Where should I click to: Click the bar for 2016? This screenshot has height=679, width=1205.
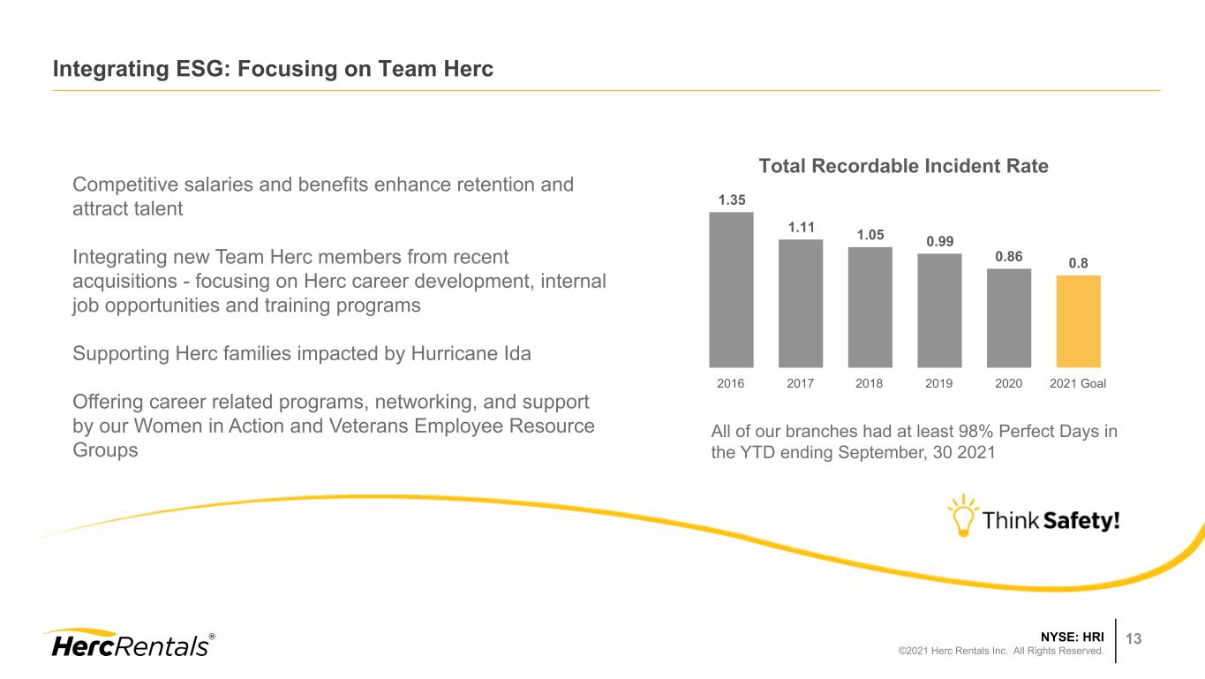(731, 290)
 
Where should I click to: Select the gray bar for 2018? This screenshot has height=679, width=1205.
(870, 307)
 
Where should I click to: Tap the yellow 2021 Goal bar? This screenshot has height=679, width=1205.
(1078, 321)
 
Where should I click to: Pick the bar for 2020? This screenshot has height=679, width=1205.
(1009, 318)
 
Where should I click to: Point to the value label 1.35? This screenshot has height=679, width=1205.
(732, 200)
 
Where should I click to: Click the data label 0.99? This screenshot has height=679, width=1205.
(940, 242)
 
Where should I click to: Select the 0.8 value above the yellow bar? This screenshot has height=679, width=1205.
(1078, 263)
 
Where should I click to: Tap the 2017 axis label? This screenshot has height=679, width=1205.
(800, 383)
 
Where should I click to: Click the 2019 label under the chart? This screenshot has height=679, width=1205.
(938, 383)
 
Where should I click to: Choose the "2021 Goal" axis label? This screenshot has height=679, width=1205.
(1078, 383)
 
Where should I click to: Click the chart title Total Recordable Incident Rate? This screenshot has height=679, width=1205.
(903, 166)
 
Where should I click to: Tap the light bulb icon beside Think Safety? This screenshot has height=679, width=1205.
(963, 516)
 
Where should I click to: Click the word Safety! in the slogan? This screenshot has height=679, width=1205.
(1081, 520)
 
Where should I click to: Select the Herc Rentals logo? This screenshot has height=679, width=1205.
(129, 643)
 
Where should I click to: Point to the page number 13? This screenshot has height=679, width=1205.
(1133, 638)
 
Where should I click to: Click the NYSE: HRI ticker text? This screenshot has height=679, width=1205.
(1072, 637)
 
